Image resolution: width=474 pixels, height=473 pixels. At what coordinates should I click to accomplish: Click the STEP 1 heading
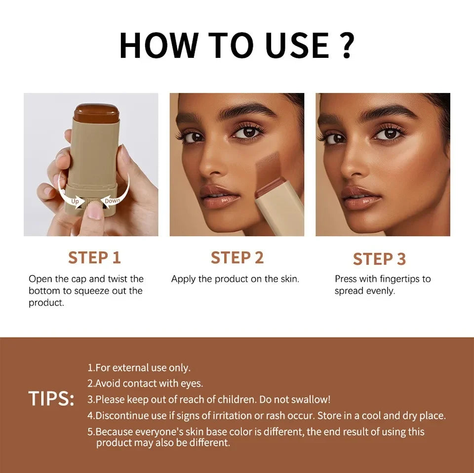tap(94, 258)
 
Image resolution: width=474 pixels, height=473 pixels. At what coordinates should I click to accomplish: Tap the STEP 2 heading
tap(237, 258)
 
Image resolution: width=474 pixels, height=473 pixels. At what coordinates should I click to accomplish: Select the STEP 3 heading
tap(379, 259)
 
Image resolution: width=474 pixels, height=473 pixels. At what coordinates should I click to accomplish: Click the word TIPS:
tap(51, 399)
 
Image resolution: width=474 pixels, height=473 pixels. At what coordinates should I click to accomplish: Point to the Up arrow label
tap(75, 201)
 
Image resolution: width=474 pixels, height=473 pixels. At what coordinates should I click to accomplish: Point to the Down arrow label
tap(112, 201)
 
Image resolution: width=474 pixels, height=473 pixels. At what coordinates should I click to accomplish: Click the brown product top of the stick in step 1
tap(97, 112)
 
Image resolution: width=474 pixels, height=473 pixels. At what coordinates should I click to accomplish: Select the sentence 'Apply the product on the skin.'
tap(235, 279)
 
